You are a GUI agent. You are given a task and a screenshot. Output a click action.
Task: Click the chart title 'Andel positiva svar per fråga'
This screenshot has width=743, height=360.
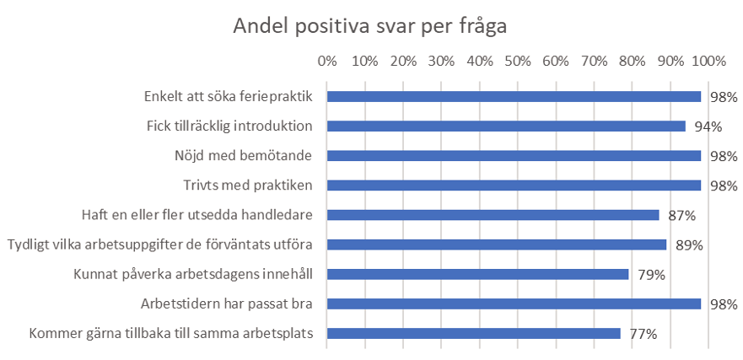point(370,26)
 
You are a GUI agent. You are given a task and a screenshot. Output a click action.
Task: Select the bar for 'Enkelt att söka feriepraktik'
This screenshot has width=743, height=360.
point(514,97)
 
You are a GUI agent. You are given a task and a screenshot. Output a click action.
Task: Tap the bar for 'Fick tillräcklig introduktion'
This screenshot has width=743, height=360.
point(506,126)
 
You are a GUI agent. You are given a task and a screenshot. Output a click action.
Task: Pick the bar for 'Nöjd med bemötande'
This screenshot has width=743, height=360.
point(514,156)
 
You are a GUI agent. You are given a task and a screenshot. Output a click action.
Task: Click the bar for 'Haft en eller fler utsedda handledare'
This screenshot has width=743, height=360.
point(493,215)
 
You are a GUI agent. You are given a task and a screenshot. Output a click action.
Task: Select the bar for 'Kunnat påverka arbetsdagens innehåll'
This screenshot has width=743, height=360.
point(477,274)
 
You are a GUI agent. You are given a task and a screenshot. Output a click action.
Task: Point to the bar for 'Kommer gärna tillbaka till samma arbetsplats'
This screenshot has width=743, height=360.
point(474,334)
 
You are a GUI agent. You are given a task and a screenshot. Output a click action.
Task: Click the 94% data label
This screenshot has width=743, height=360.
point(709,126)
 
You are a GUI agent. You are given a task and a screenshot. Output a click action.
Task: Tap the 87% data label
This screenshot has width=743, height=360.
point(682,216)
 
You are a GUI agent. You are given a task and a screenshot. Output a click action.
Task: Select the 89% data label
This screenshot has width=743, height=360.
point(690,245)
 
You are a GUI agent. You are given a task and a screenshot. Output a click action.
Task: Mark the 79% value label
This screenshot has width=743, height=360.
point(652,275)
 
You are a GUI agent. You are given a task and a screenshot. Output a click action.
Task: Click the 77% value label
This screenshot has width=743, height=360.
point(643,334)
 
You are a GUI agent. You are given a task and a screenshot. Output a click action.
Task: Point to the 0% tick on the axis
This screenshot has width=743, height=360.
point(327,62)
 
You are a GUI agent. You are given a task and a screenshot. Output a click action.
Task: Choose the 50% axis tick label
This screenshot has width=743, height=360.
point(518,62)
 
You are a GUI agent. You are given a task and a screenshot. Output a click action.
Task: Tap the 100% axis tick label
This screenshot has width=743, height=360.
point(709,62)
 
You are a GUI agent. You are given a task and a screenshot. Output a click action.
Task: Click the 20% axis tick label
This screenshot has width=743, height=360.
point(403,62)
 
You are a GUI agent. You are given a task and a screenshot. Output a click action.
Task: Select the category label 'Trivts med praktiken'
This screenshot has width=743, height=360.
point(248,185)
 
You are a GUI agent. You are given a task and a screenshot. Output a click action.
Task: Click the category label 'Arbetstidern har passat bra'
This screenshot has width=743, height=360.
point(227,304)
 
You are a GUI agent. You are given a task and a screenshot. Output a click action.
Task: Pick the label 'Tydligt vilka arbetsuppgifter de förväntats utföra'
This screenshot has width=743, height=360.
point(160,244)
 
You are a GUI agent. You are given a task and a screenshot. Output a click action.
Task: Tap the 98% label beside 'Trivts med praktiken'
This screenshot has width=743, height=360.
point(724,185)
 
